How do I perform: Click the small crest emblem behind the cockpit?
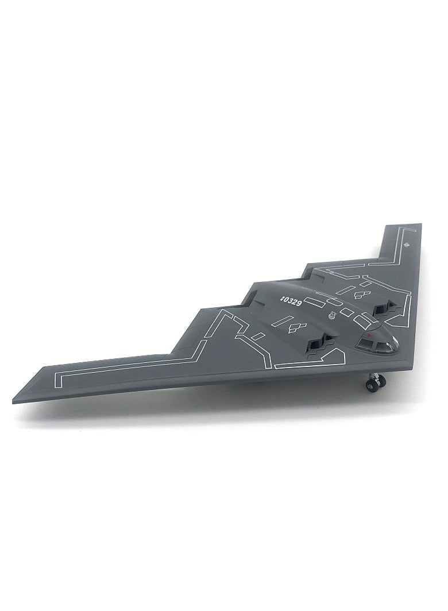pos(331,315)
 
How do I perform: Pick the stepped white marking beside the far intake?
pos(361,295)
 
